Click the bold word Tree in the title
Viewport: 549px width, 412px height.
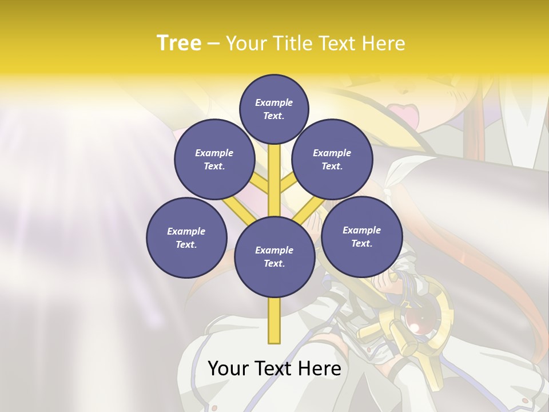pos(179,43)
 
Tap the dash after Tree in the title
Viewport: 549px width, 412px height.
pos(213,44)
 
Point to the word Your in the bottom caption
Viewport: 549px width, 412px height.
pos(229,369)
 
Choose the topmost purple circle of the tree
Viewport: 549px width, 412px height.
pos(274,109)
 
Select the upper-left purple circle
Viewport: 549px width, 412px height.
pos(214,159)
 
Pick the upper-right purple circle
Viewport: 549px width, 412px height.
pos(332,159)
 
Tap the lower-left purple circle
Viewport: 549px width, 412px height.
pos(186,237)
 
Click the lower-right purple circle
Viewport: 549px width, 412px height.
pos(361,236)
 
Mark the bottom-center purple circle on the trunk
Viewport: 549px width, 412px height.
pos(274,256)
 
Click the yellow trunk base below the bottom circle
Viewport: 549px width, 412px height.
pos(274,320)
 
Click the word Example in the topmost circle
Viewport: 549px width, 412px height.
pos(274,102)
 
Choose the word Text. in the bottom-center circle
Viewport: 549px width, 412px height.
pos(274,263)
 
